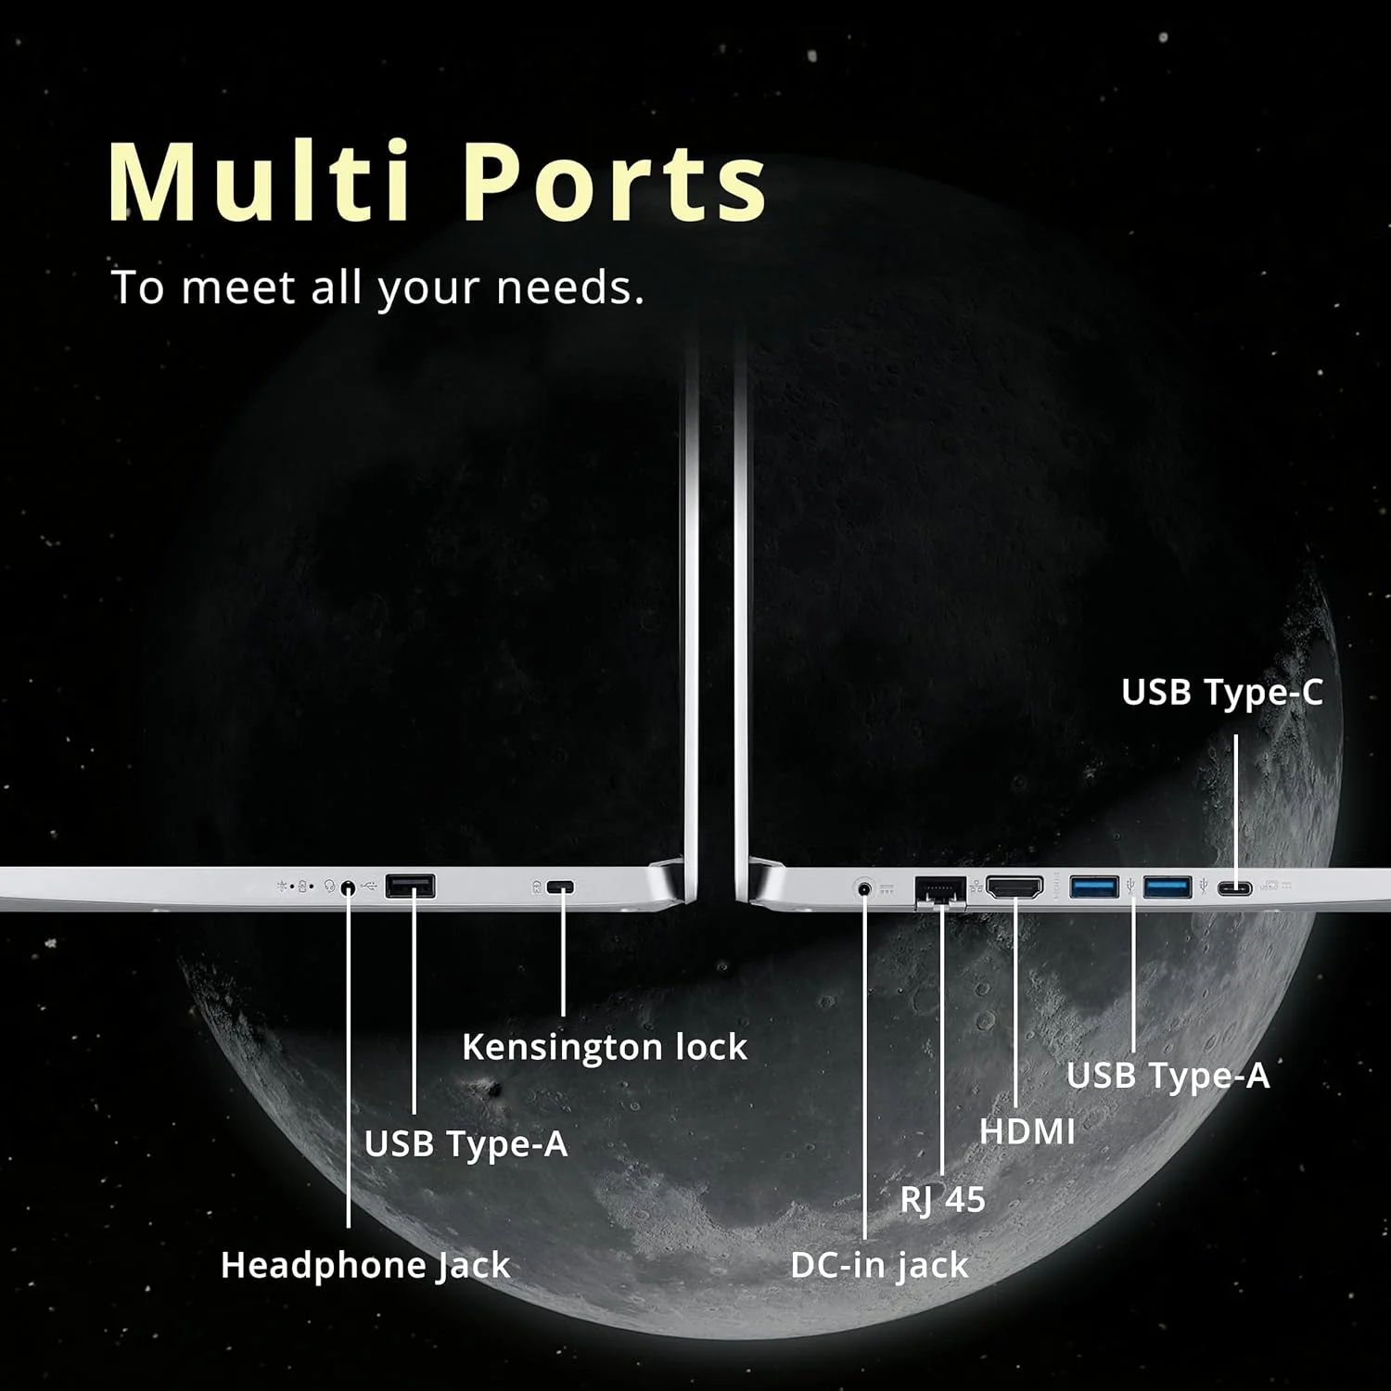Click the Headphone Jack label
(x=365, y=1265)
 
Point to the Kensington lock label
(x=605, y=1047)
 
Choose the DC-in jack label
(x=879, y=1265)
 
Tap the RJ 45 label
(x=942, y=1199)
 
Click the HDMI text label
(x=1027, y=1131)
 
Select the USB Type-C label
(x=1222, y=692)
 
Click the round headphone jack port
(x=348, y=887)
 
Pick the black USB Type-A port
(x=410, y=887)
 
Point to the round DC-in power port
(x=865, y=888)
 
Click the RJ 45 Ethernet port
(x=940, y=891)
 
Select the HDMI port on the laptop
(x=1015, y=887)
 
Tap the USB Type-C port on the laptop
(x=1235, y=888)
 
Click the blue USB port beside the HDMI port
(x=1094, y=887)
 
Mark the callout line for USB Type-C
(x=1235, y=807)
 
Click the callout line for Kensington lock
(x=563, y=955)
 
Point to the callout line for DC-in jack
(x=864, y=1066)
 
